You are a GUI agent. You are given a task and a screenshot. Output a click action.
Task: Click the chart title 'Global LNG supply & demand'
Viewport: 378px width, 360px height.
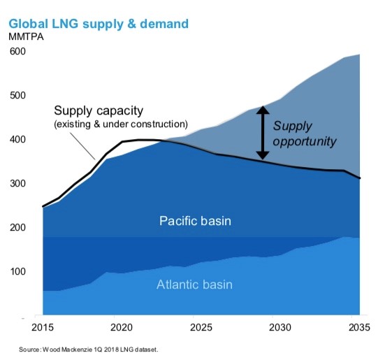point(99,24)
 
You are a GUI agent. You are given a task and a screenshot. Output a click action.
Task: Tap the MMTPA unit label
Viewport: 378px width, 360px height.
point(26,37)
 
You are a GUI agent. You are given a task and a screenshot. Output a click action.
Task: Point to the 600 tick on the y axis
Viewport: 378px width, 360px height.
point(17,51)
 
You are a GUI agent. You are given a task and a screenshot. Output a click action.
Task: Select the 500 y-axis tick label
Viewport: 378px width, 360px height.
point(17,96)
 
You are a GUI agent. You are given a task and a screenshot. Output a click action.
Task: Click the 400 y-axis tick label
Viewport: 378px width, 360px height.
point(17,139)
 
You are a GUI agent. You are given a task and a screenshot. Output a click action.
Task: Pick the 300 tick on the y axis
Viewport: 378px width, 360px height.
point(17,184)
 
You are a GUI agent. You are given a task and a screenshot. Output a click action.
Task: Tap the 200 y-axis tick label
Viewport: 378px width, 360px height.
point(17,227)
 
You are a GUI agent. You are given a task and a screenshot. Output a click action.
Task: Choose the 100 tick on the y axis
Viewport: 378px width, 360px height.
point(17,271)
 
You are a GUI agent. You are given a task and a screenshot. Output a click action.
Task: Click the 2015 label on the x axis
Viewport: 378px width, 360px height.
point(43,327)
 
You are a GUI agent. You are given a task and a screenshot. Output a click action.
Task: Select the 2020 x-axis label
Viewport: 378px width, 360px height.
point(122,327)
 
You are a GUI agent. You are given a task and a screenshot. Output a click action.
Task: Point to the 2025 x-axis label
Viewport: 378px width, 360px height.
point(201,327)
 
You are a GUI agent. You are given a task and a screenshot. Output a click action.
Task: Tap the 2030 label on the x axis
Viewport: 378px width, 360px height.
point(280,327)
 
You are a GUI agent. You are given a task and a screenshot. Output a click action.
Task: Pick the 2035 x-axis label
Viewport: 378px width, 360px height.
point(359,327)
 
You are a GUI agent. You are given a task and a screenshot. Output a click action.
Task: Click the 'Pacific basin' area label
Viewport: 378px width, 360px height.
point(195,221)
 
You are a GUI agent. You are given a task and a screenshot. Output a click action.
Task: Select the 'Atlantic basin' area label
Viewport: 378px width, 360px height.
point(194,285)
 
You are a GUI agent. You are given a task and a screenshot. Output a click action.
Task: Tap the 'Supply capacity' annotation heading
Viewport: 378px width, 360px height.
point(99,111)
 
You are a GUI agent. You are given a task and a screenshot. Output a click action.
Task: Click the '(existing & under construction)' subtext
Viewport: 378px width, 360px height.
point(121,124)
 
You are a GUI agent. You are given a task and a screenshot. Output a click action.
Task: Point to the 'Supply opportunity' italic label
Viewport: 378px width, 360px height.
point(305,134)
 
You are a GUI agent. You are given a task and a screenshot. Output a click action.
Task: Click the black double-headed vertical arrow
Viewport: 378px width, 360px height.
point(263,133)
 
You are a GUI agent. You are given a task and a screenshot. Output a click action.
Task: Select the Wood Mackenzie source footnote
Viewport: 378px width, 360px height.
point(89,350)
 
